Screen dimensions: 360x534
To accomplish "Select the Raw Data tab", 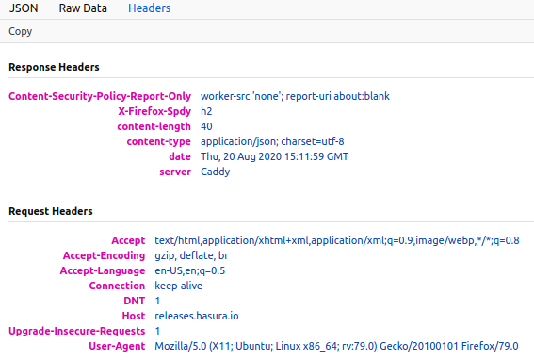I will click(x=83, y=8).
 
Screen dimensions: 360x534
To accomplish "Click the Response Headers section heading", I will click(x=54, y=68).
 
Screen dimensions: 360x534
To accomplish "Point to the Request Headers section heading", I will click(x=50, y=212).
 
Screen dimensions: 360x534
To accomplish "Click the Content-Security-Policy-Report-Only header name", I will click(x=100, y=96).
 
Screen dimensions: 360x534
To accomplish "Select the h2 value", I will click(x=207, y=111).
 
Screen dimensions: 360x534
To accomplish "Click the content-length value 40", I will click(x=207, y=126).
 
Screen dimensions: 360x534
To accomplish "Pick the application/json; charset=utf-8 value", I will click(x=267, y=141).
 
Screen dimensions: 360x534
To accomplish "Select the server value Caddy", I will click(x=216, y=172).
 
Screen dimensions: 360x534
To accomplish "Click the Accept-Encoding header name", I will click(x=104, y=255).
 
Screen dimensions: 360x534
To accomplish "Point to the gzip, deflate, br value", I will click(x=191, y=255).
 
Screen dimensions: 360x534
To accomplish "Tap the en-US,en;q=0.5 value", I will click(x=189, y=270).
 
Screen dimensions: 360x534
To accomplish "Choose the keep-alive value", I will click(x=179, y=286).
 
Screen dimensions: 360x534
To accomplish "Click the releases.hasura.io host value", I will click(x=193, y=316).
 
